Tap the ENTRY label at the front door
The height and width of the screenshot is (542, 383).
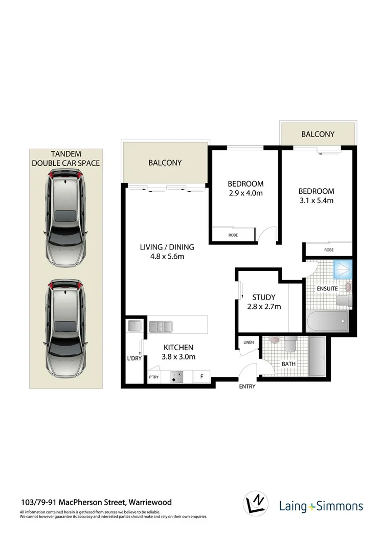[x=247, y=387]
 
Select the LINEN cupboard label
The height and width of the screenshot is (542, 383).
[x=248, y=342]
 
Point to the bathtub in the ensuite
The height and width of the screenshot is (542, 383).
[x=328, y=322]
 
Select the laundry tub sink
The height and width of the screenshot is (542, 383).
[x=136, y=325]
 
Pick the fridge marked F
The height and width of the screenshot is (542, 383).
[x=202, y=377]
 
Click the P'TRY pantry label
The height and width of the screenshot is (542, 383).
[x=153, y=377]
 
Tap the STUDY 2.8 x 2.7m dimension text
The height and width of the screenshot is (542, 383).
[x=263, y=307]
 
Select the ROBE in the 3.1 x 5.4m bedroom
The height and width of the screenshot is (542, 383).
[x=329, y=250]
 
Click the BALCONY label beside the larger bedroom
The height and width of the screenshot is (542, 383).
[x=318, y=134]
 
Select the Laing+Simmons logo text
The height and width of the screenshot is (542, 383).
[x=321, y=507]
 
